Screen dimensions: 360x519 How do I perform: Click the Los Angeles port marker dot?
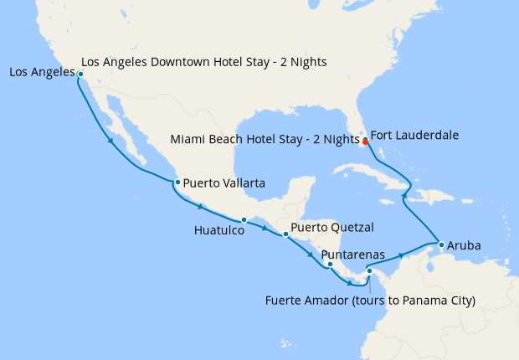point(80,75)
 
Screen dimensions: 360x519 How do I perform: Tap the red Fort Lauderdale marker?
point(365,141)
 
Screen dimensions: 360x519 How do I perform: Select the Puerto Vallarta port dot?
point(177,182)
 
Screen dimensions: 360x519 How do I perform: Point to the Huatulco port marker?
point(244,220)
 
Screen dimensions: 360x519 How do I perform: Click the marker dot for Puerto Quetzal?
point(285,234)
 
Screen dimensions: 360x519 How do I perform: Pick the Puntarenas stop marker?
point(331,265)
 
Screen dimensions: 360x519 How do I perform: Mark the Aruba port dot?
point(441,244)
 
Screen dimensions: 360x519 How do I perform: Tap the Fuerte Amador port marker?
point(369,270)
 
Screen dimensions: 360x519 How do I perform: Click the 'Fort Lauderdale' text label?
point(414,135)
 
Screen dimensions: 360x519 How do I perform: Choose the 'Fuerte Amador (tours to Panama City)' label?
point(369,300)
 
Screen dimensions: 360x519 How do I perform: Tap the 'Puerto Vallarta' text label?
point(224,182)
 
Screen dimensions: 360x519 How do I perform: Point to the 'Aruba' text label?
point(465,246)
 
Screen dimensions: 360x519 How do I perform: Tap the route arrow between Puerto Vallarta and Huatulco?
point(201,206)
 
